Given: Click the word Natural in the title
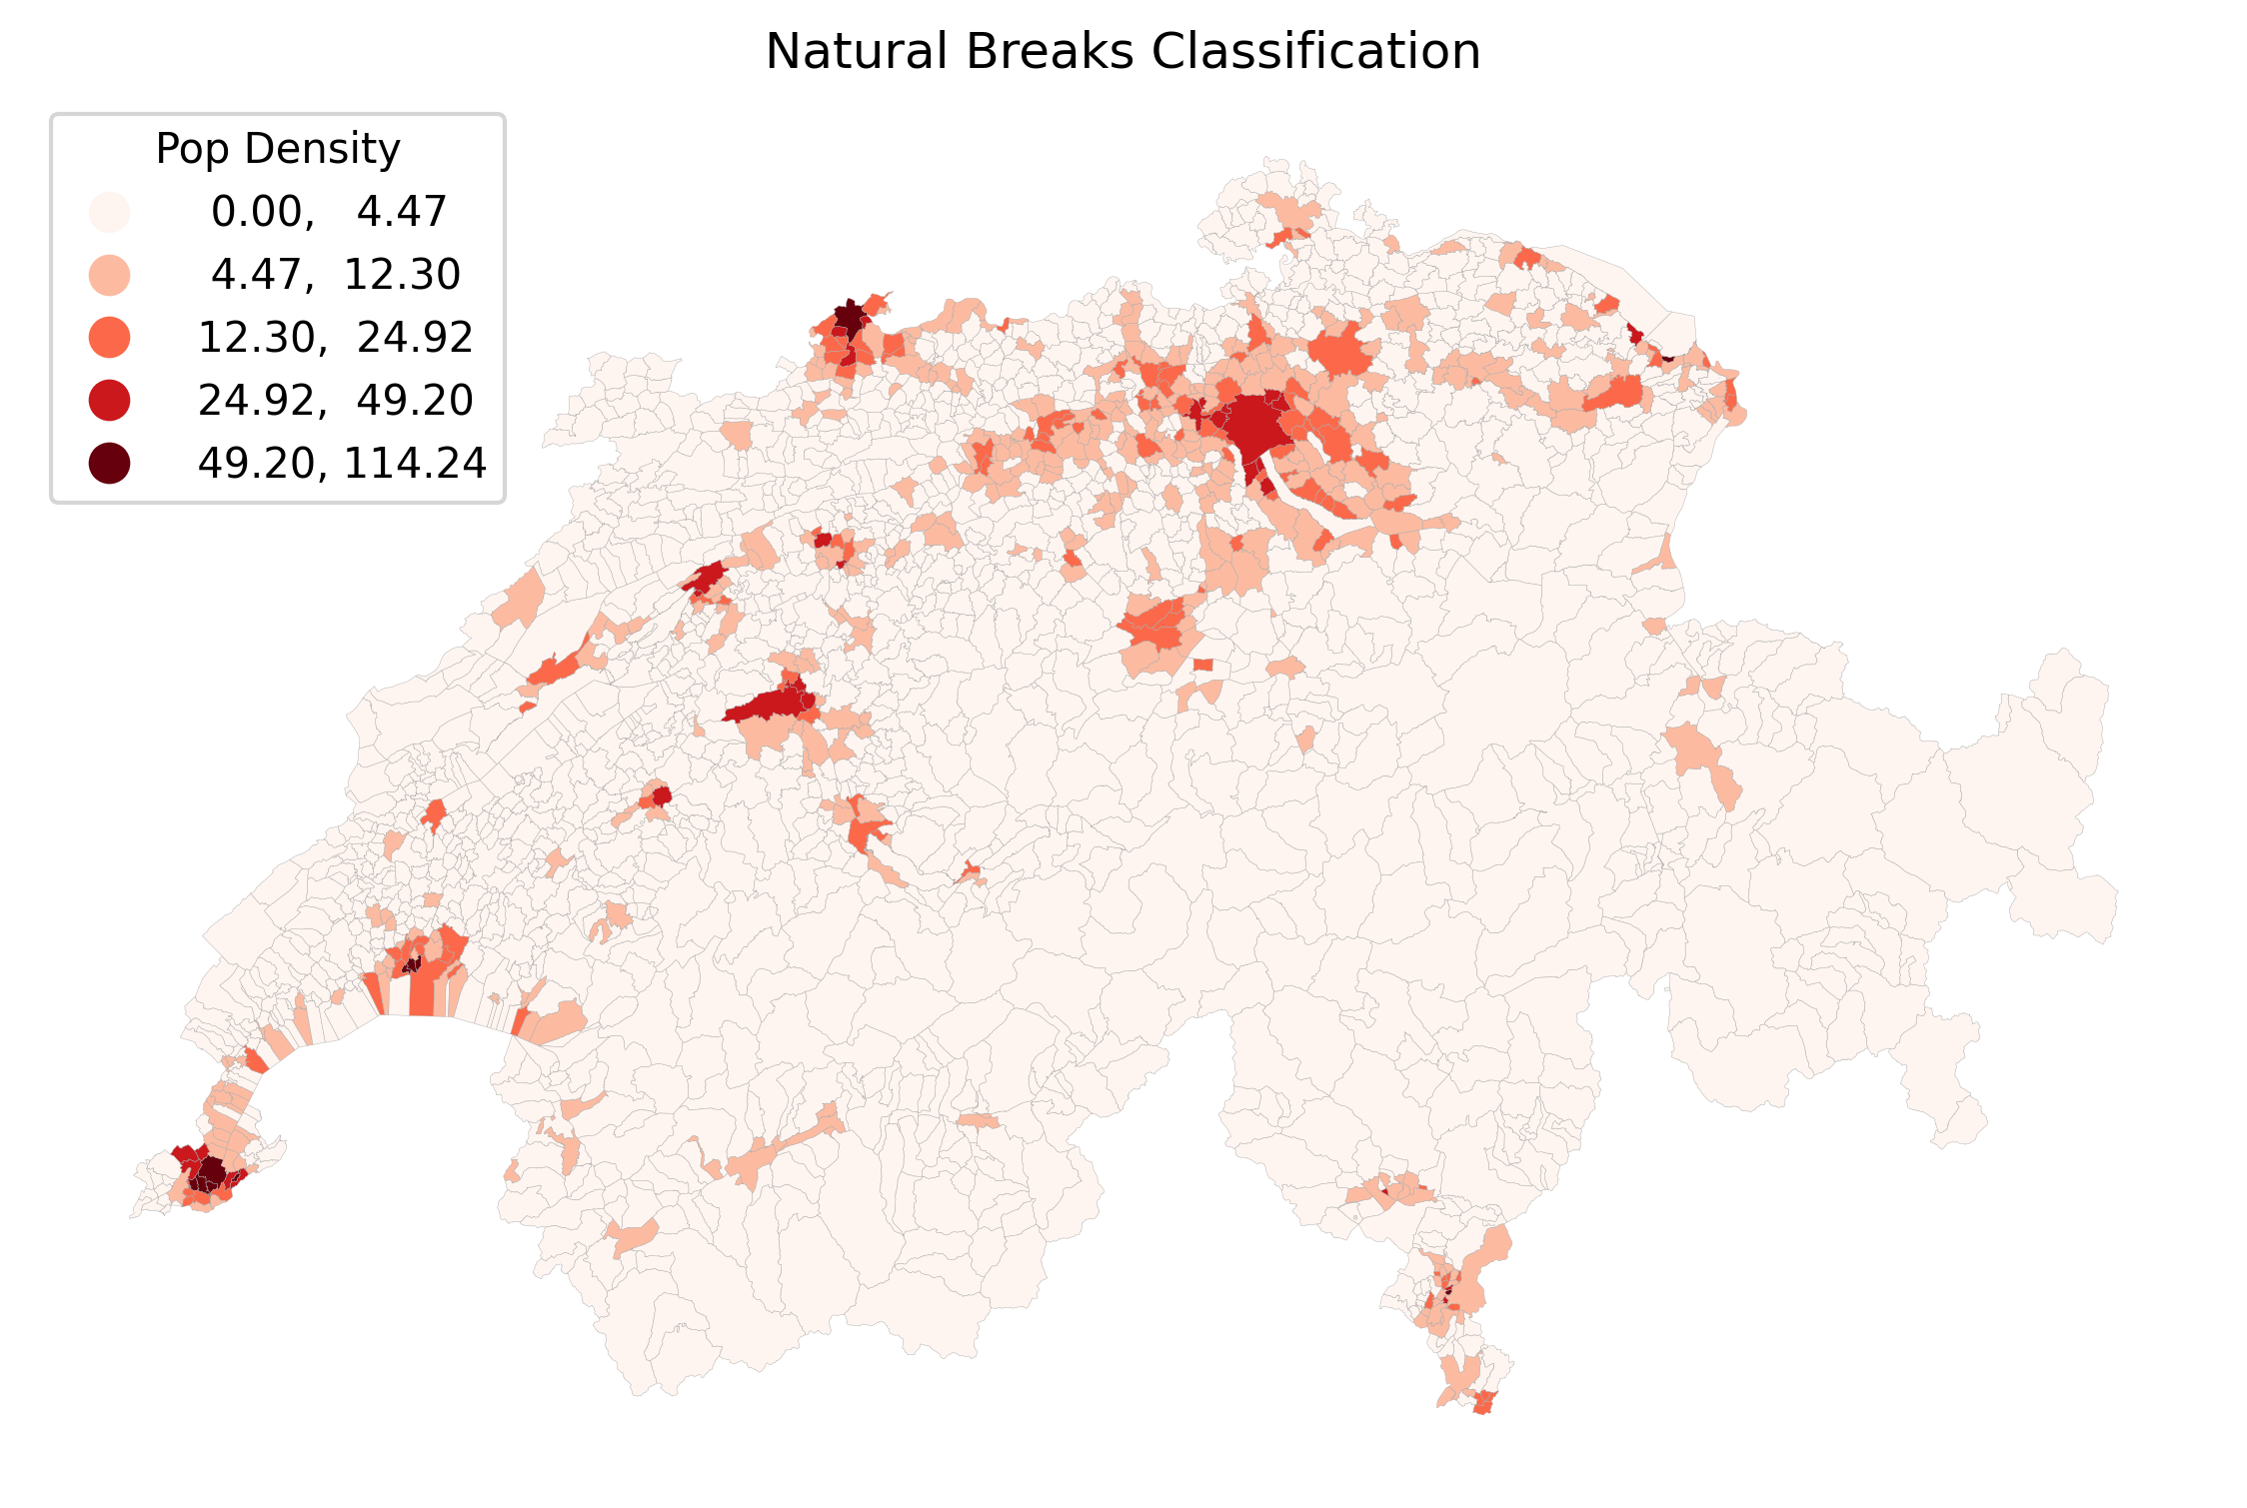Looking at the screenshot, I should [x=857, y=51].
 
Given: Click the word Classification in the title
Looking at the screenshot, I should [x=1315, y=51].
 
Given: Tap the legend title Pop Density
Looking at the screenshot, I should [x=277, y=149].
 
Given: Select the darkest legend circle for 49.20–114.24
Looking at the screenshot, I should [x=109, y=463].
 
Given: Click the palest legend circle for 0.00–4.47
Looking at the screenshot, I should [x=109, y=212].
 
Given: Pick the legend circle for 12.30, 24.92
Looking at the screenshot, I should [x=109, y=337].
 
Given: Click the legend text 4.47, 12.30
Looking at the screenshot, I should [x=335, y=274].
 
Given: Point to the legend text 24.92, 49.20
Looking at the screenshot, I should [x=335, y=400].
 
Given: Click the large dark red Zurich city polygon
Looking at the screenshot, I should [x=1253, y=426].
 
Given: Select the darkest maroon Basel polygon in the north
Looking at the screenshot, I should [x=850, y=318].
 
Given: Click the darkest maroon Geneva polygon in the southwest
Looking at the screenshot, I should [x=211, y=1172].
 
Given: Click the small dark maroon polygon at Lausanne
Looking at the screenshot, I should [x=411, y=964].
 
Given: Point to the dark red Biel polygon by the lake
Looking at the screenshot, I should [x=707, y=578].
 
